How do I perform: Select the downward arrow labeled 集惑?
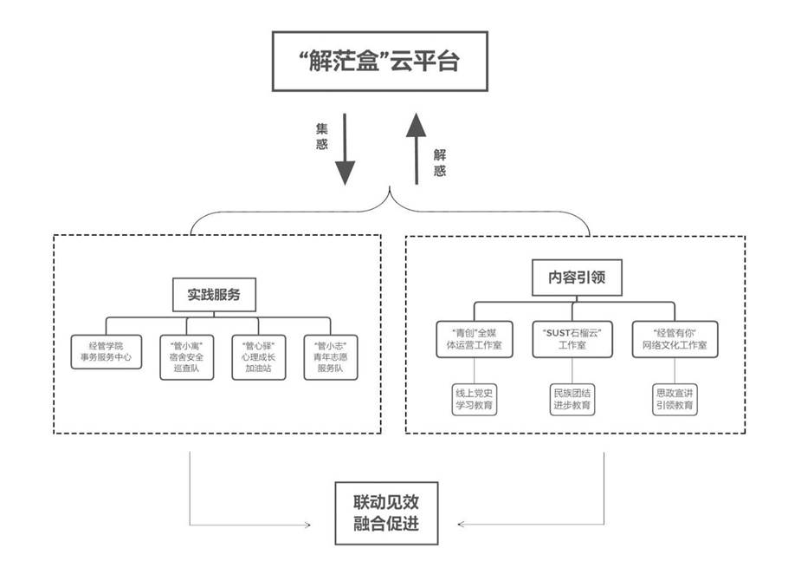coord(345,149)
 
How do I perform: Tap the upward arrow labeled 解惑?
coord(417,149)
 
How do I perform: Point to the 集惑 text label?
coord(322,135)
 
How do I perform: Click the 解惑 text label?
coord(440,162)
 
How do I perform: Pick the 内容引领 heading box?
coord(574,277)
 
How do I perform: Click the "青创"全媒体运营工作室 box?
coord(474,338)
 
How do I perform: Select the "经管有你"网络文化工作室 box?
coord(675,338)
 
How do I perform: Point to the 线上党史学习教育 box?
coord(474,399)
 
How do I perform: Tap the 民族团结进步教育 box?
coord(574,399)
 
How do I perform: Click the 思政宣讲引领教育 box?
coord(675,399)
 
